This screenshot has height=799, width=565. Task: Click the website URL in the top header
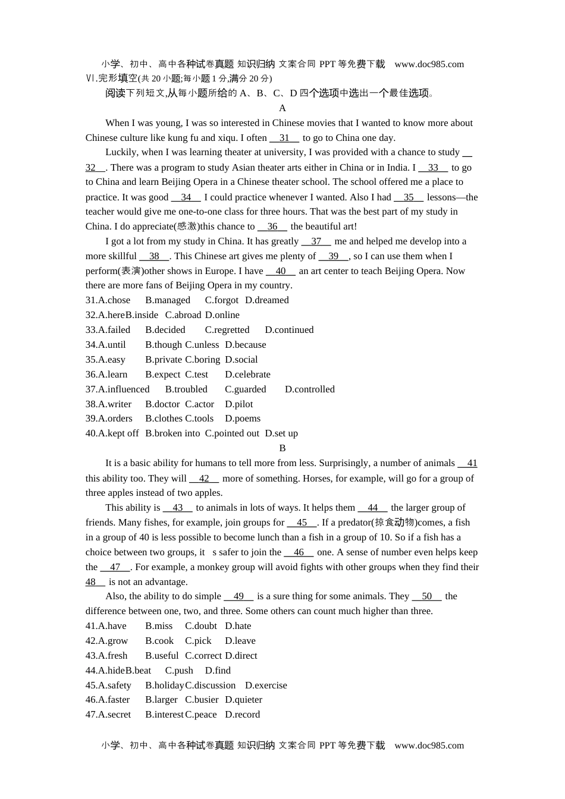click(x=429, y=64)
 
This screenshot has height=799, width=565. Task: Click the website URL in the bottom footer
click(x=429, y=745)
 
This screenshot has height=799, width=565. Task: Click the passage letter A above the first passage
click(x=282, y=108)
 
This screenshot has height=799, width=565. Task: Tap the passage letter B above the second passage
click(x=282, y=448)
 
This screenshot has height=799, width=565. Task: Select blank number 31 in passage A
click(x=284, y=138)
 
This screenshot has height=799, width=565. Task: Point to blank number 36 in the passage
click(x=272, y=227)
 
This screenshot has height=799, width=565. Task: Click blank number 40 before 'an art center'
click(x=281, y=271)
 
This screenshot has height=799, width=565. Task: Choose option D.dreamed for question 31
click(x=267, y=300)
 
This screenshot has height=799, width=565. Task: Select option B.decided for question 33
click(x=165, y=330)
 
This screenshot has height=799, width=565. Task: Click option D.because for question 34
click(x=246, y=345)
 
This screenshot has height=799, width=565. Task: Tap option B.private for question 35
click(x=164, y=360)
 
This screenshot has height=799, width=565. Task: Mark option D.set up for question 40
click(x=281, y=433)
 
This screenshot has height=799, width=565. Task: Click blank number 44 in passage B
click(x=373, y=508)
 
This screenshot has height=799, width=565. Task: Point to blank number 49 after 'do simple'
click(x=238, y=596)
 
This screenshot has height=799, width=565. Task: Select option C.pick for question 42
click(x=198, y=641)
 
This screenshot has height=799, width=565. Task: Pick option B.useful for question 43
click(x=162, y=656)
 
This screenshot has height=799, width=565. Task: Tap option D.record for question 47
click(x=243, y=715)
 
